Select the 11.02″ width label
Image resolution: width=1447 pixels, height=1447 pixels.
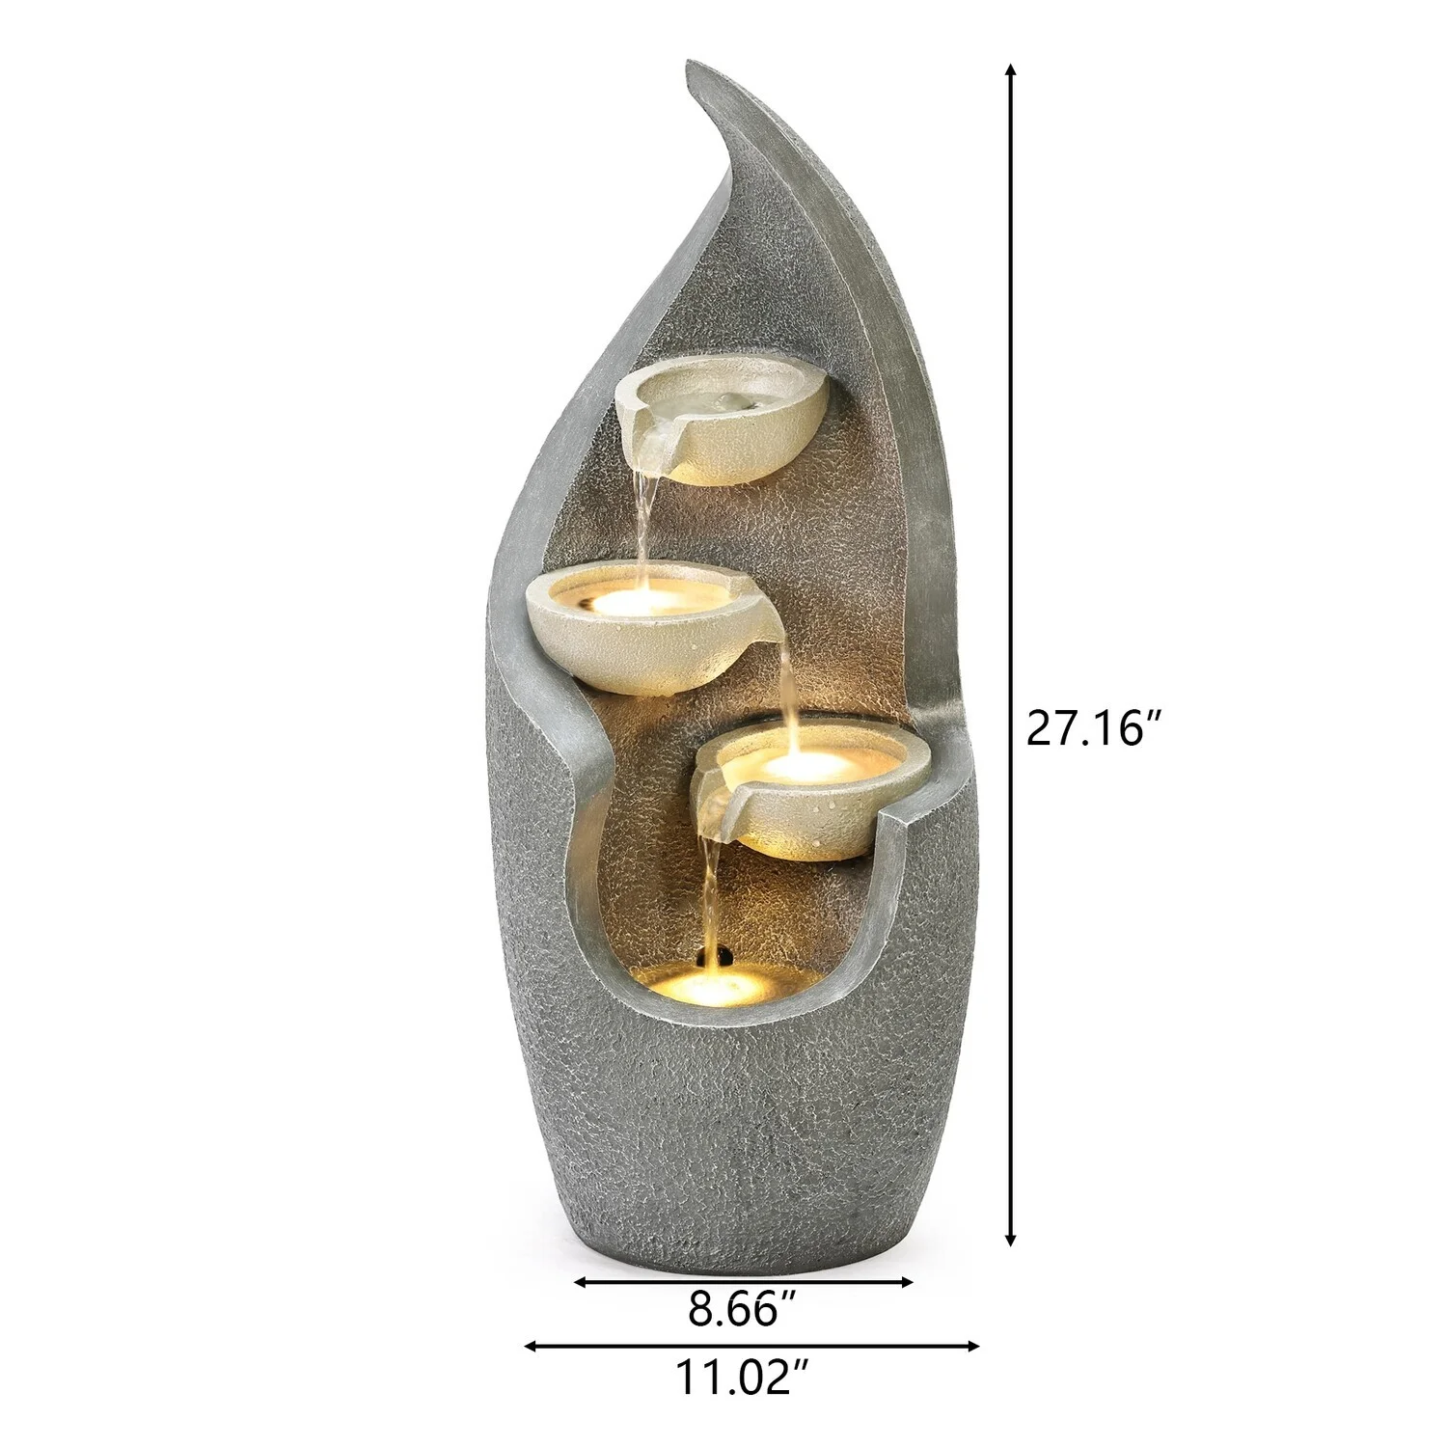[x=741, y=1377]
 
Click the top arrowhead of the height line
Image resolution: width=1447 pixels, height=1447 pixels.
[x=1010, y=70]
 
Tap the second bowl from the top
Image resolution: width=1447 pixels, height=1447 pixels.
[x=637, y=627]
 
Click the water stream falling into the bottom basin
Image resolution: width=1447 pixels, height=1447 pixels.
[x=712, y=897]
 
